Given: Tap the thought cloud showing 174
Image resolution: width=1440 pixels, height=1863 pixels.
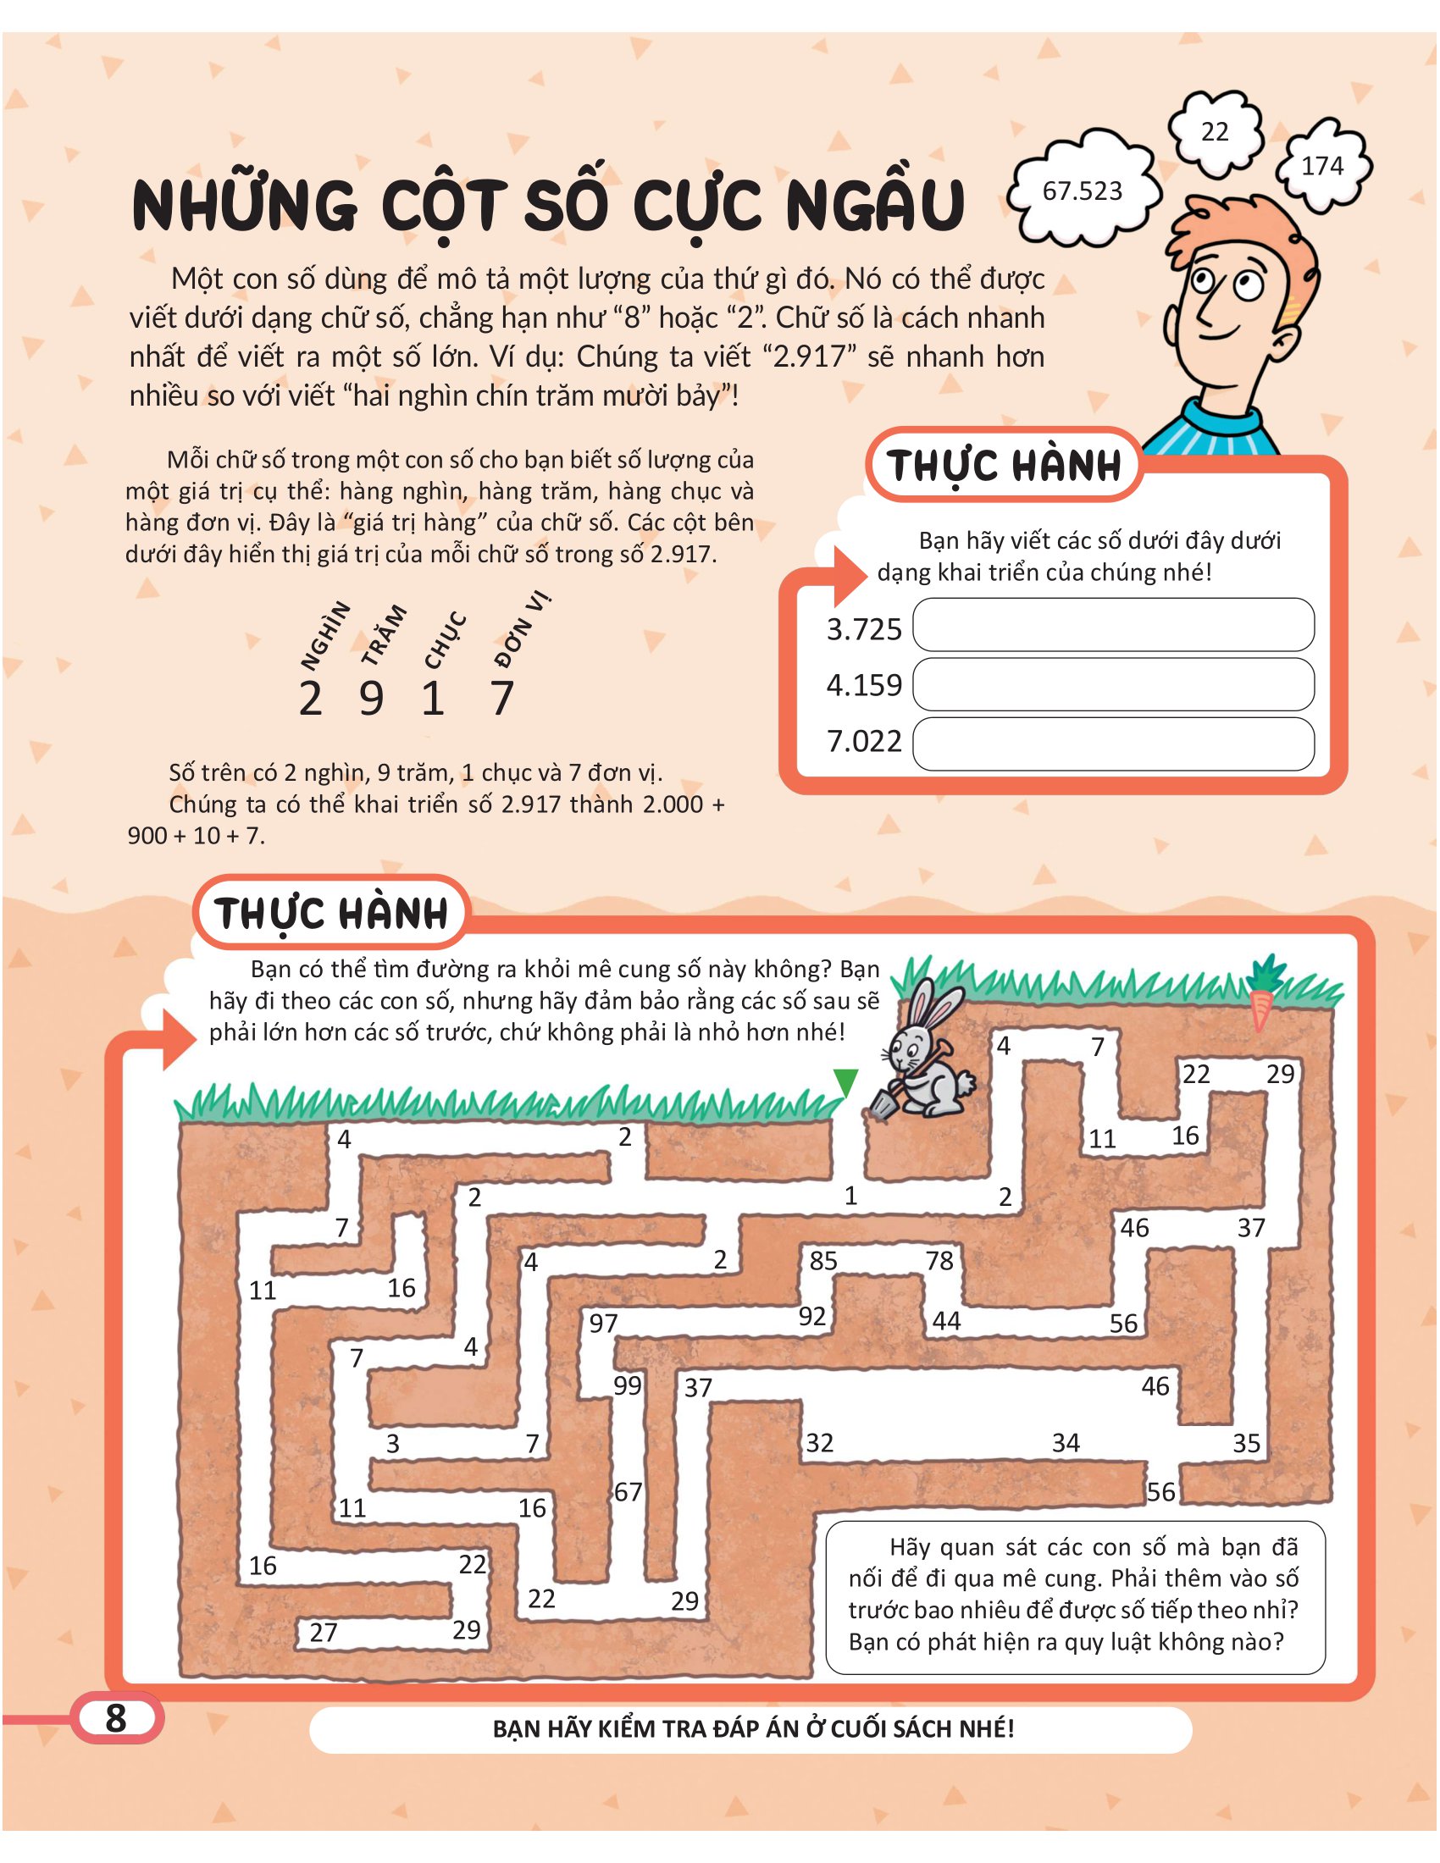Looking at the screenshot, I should tap(1322, 165).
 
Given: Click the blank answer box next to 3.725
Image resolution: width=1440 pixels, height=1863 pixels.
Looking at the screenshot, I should tap(1112, 625).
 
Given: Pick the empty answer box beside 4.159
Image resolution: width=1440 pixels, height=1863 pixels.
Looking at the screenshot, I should tap(1112, 684).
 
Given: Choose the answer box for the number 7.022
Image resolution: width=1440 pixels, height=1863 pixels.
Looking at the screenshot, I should tap(1112, 744).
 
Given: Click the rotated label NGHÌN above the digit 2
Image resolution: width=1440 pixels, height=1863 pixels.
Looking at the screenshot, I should tap(326, 635).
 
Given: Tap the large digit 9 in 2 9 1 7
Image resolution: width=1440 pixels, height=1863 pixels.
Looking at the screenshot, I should tap(371, 699).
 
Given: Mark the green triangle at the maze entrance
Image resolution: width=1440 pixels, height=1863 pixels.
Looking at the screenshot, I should tap(845, 1082).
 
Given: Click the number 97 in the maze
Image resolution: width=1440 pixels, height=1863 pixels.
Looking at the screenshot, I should tap(603, 1323).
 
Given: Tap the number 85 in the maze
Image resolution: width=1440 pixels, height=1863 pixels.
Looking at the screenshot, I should tap(823, 1261).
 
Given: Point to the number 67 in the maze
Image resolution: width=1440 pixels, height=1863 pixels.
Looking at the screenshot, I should tap(628, 1492).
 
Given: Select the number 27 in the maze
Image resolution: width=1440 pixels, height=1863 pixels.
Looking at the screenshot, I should tap(324, 1633).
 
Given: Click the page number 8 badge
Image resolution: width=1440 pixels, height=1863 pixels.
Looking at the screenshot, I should tap(116, 1718).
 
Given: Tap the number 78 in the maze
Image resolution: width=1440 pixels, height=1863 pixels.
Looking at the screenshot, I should tap(939, 1261).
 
